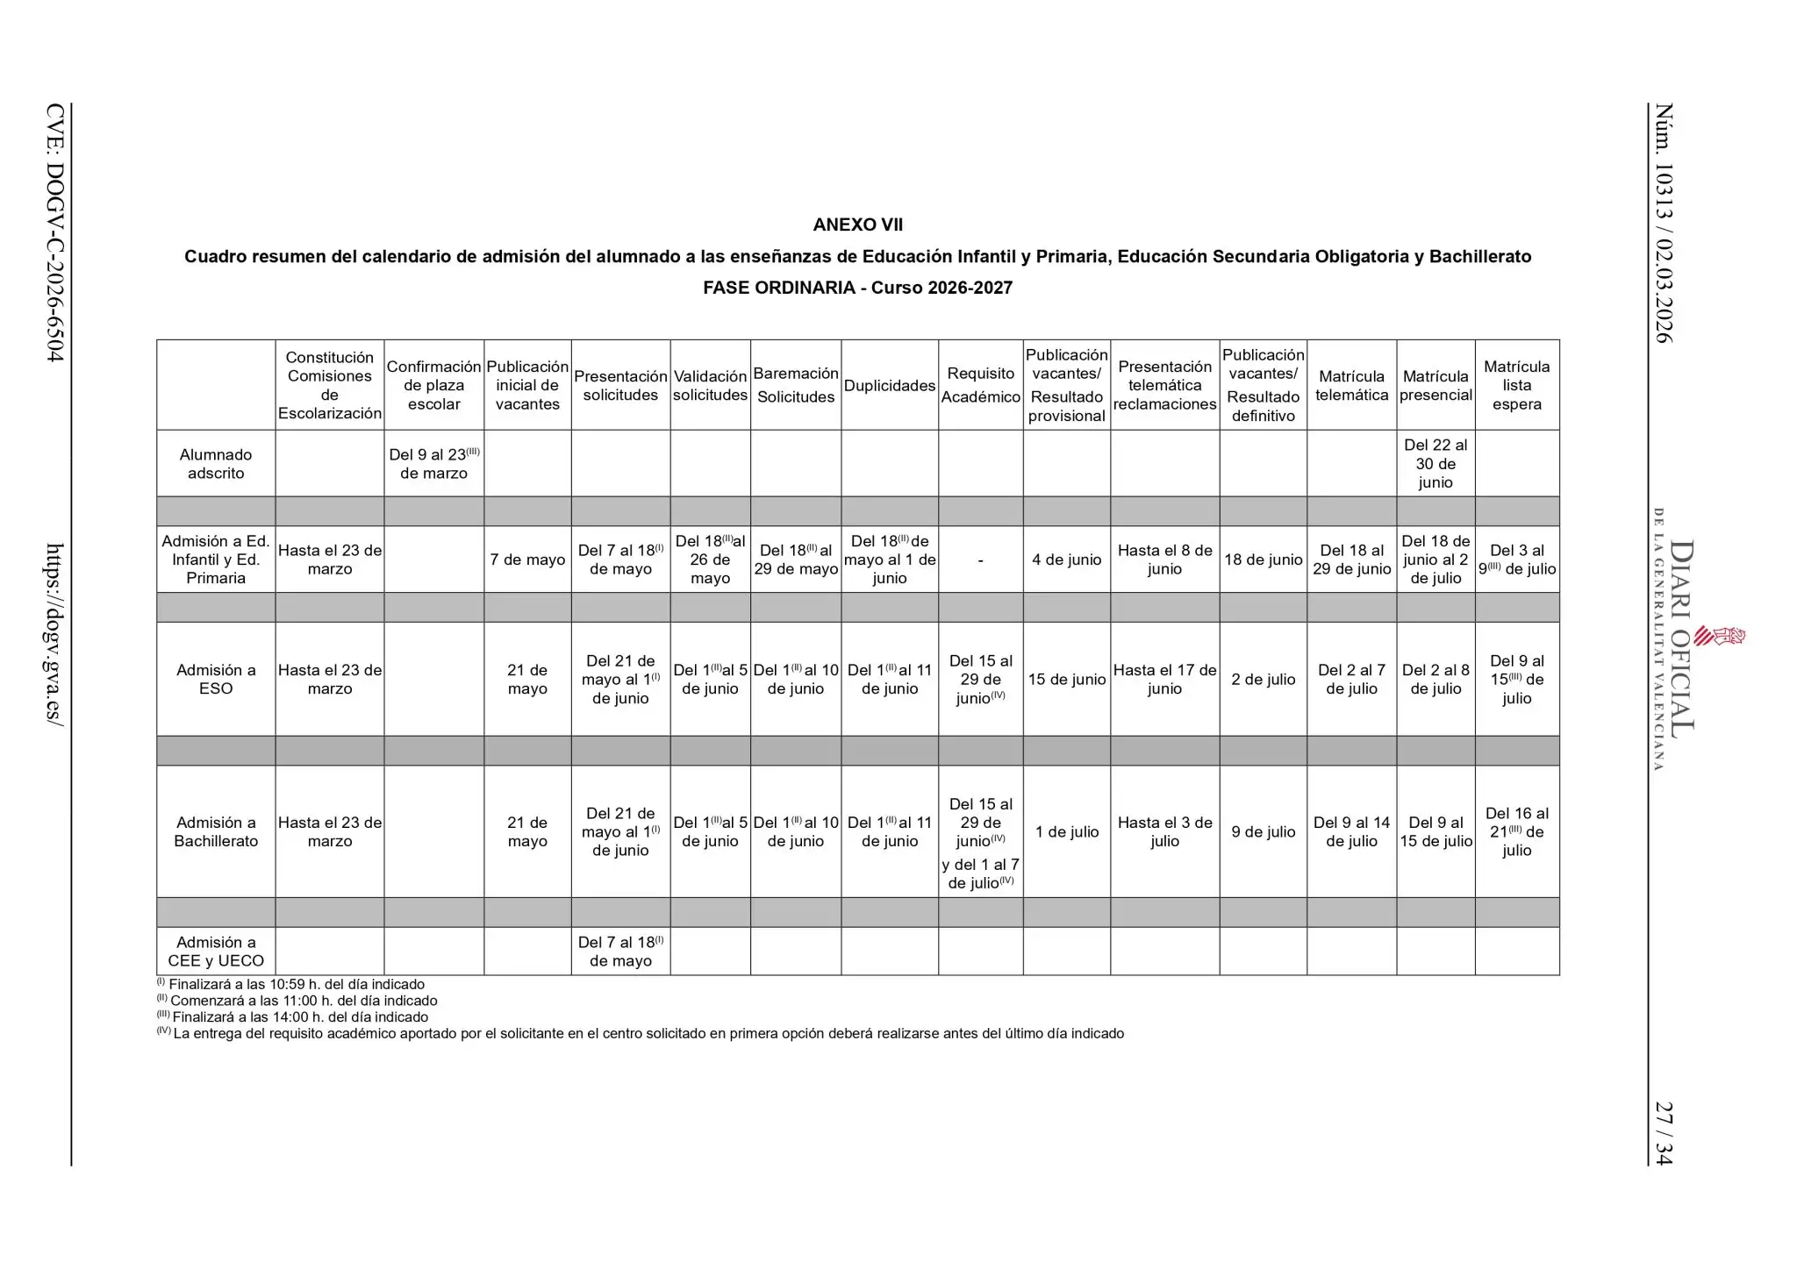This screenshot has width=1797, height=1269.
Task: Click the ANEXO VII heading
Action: [x=857, y=225]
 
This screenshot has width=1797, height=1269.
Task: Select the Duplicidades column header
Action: [x=889, y=386]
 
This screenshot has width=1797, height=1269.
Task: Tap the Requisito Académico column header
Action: [x=980, y=385]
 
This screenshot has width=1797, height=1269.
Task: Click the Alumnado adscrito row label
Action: [x=216, y=464]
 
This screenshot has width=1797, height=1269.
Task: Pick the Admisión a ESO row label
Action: [x=216, y=679]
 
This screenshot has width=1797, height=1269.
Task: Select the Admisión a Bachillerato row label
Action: [x=216, y=831]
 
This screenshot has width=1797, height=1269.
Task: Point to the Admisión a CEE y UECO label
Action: [x=216, y=951]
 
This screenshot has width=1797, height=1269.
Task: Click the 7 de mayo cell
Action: [x=527, y=560]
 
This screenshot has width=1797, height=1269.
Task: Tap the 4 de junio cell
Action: [x=1066, y=560]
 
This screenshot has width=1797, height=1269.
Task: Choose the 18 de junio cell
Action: [x=1263, y=560]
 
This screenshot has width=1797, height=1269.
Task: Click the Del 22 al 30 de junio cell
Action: [x=1435, y=463]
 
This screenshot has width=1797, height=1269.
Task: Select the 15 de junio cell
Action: [x=1066, y=679]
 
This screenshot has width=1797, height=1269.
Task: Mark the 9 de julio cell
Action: [x=1263, y=831]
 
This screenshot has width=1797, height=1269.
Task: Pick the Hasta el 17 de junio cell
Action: [x=1164, y=679]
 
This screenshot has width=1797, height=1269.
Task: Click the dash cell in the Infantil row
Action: [x=980, y=560]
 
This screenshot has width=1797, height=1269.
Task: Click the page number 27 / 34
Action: [x=1663, y=1133]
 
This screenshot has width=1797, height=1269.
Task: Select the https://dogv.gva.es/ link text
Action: [x=54, y=632]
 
